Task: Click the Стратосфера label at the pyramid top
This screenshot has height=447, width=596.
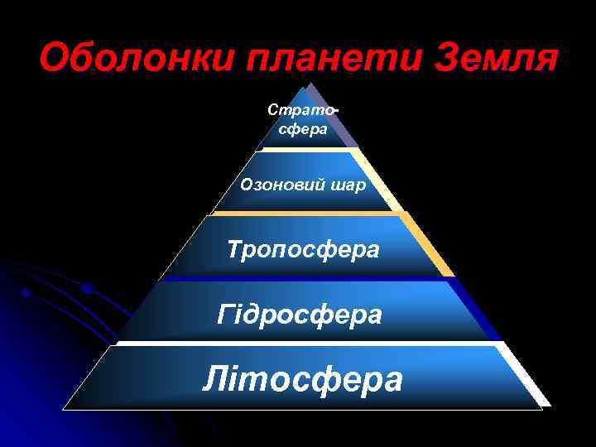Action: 303,120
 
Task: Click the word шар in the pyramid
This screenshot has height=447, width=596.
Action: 348,185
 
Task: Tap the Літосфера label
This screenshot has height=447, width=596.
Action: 303,380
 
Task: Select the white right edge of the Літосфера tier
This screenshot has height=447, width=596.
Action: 530,377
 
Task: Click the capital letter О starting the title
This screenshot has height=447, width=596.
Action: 55,59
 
